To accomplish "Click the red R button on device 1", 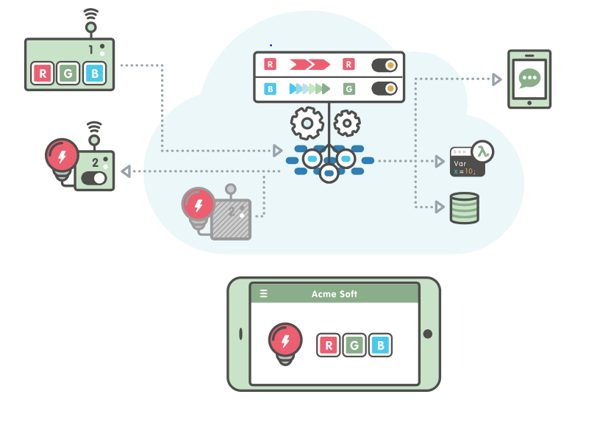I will point(43,74).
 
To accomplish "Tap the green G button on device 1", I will point(68,74).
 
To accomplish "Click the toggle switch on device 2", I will point(94,178).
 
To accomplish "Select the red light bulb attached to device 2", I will point(61,157).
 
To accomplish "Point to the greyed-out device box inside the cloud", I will point(231,219).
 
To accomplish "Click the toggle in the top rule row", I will point(384,65).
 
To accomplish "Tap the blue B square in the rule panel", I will point(270,89).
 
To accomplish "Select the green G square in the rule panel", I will point(348,89).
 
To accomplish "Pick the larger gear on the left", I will point(307,123).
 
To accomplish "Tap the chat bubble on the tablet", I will point(529,78).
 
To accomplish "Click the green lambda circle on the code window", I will point(482,151).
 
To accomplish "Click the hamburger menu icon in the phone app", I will point(264,294).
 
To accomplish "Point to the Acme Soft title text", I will point(335,294).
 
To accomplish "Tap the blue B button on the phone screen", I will point(380,345).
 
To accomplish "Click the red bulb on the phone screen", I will point(285,340).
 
